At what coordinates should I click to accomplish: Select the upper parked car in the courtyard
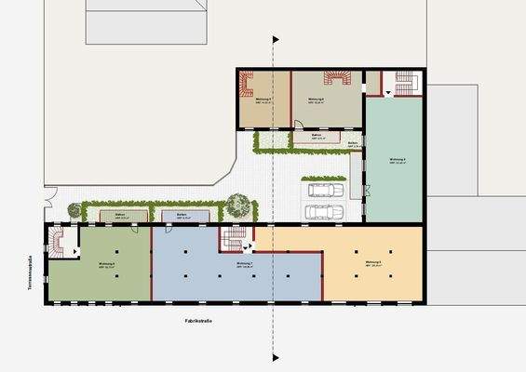[x=323, y=191]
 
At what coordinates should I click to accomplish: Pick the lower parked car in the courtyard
[x=325, y=213]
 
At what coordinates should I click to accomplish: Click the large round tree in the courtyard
[x=239, y=205]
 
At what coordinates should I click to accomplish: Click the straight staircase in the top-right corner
[x=406, y=84]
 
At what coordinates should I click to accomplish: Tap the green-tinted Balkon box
[x=120, y=216]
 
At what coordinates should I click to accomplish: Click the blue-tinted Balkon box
[x=182, y=216]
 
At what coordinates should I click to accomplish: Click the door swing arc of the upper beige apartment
[x=298, y=124]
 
